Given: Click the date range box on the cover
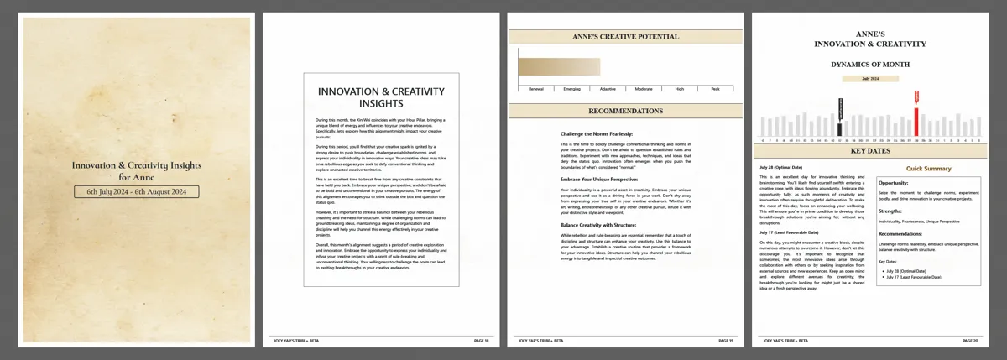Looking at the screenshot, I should click(136, 192).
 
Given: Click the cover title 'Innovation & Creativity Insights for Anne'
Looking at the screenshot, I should click(136, 171).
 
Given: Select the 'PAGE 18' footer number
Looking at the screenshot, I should click(481, 341).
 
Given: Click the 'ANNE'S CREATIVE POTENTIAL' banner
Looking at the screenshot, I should click(625, 37).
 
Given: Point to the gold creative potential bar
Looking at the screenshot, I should click(559, 67).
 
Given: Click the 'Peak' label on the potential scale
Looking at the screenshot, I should click(715, 88).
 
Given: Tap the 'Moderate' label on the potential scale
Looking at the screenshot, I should click(644, 88).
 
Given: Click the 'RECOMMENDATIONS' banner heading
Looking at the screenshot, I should click(625, 111).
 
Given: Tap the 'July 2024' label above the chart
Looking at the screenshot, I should click(869, 78).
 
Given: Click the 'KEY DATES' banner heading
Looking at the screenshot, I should click(870, 151).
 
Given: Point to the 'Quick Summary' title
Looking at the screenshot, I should click(928, 169).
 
